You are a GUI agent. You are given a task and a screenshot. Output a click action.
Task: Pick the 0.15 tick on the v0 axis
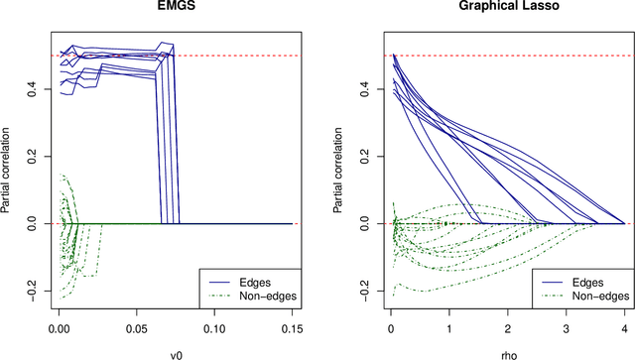292,324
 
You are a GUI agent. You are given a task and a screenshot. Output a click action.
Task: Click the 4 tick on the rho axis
624,324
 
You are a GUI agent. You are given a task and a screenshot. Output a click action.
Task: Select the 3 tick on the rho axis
566,324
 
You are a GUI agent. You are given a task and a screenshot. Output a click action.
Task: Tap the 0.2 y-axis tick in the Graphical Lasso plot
369,157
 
